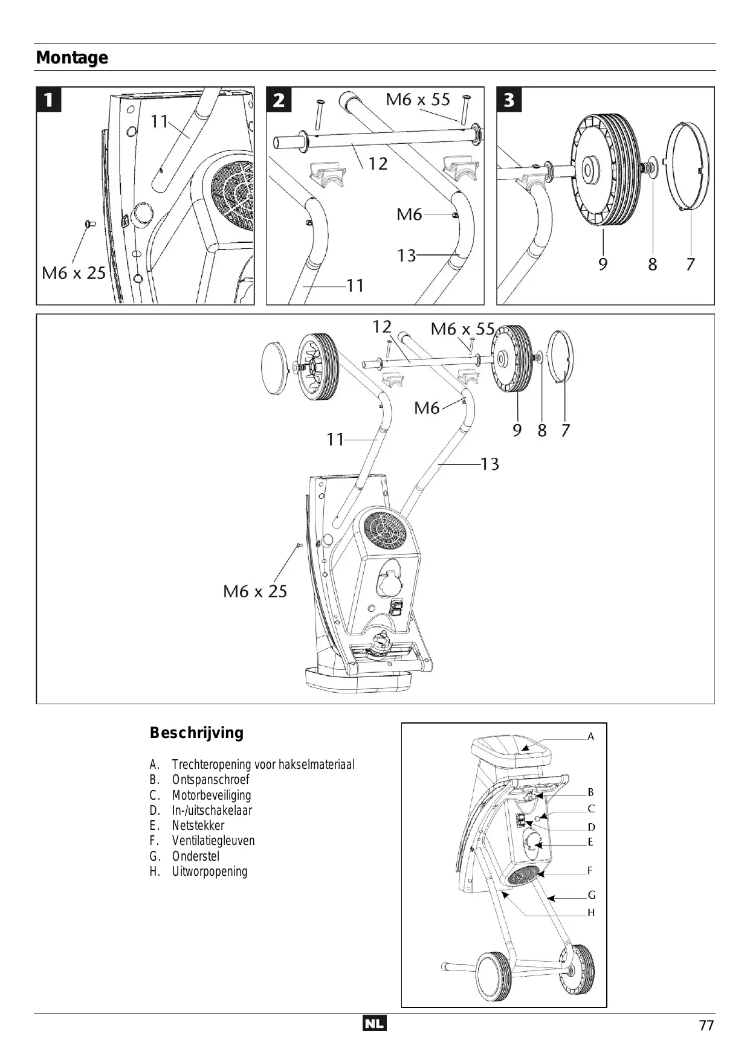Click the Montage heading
coord(72,58)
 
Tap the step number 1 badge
coord(49,100)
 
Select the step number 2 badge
coord(279,100)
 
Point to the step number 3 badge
coord(509,100)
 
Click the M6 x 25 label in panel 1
coord(74,273)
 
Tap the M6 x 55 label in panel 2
coord(418,99)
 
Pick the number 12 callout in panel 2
coord(378,164)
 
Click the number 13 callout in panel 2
coord(407,255)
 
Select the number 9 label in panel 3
coord(603,264)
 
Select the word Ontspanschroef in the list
coord(210,780)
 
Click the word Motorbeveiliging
coord(212,795)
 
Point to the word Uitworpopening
coord(210,872)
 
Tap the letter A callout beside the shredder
coord(591,736)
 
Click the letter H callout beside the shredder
coord(591,913)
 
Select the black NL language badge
coord(375,1024)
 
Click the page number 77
coord(706,1026)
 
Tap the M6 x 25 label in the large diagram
coord(255,591)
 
